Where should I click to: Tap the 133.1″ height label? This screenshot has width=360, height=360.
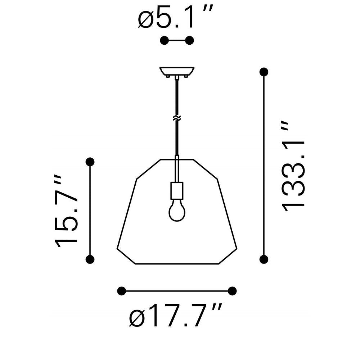[293, 166]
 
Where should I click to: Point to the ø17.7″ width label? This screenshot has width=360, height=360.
[176, 316]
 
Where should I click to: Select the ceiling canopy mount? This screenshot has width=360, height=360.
[177, 71]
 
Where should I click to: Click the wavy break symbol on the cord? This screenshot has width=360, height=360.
[177, 118]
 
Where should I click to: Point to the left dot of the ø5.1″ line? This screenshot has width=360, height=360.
[164, 40]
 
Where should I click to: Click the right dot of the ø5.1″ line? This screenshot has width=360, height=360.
[190, 40]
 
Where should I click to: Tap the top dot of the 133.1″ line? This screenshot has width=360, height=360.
[264, 72]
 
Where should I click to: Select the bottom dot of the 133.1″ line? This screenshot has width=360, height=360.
[264, 259]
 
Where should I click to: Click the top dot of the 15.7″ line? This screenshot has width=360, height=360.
[90, 162]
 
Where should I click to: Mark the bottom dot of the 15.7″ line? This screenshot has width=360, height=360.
[90, 259]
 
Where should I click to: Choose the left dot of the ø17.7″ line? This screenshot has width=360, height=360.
[122, 291]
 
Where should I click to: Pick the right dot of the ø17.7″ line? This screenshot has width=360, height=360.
[233, 291]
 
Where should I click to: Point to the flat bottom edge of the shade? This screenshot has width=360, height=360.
[177, 264]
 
